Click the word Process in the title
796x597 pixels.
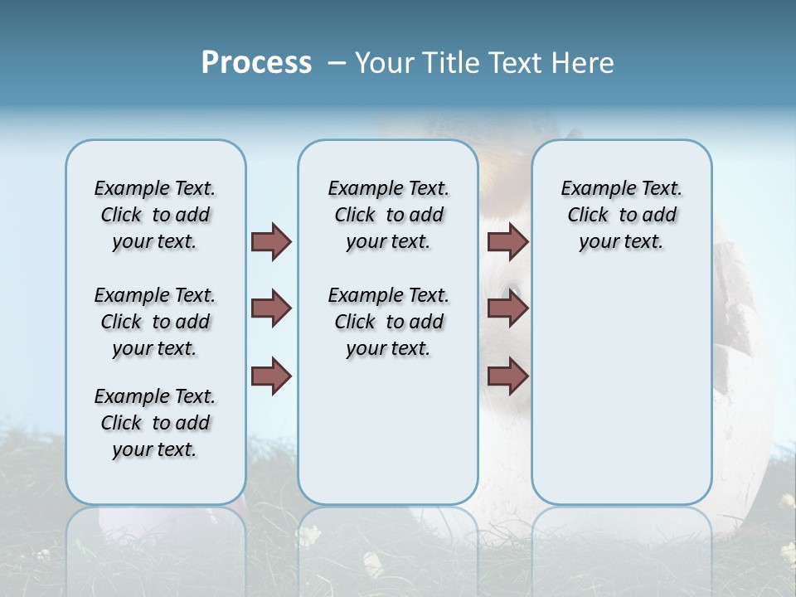[x=256, y=62]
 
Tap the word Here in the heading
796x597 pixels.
[x=580, y=63]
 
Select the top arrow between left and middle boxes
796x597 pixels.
[x=271, y=241]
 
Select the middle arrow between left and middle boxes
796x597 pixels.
[x=271, y=308]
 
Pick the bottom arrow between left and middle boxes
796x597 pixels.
[x=271, y=376]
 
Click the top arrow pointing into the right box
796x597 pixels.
[x=507, y=241]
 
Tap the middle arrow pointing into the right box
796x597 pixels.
[x=507, y=308]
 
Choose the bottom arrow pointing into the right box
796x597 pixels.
[x=507, y=376]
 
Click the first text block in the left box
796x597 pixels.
[x=155, y=215]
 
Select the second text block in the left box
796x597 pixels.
[x=155, y=322]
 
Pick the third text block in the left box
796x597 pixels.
[x=155, y=423]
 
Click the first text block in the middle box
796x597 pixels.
[x=388, y=215]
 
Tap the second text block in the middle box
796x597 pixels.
[x=388, y=322]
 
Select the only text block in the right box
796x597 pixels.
[x=621, y=215]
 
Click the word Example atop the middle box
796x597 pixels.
[x=357, y=189]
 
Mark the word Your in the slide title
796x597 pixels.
[x=382, y=63]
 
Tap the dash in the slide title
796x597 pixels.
[x=337, y=63]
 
